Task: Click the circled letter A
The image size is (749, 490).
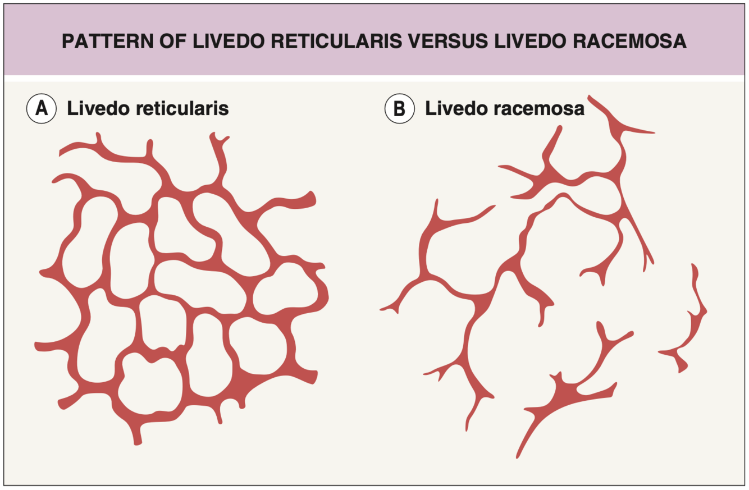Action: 42,108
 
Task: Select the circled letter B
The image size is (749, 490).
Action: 399,108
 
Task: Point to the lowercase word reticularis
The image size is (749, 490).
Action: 179,108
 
